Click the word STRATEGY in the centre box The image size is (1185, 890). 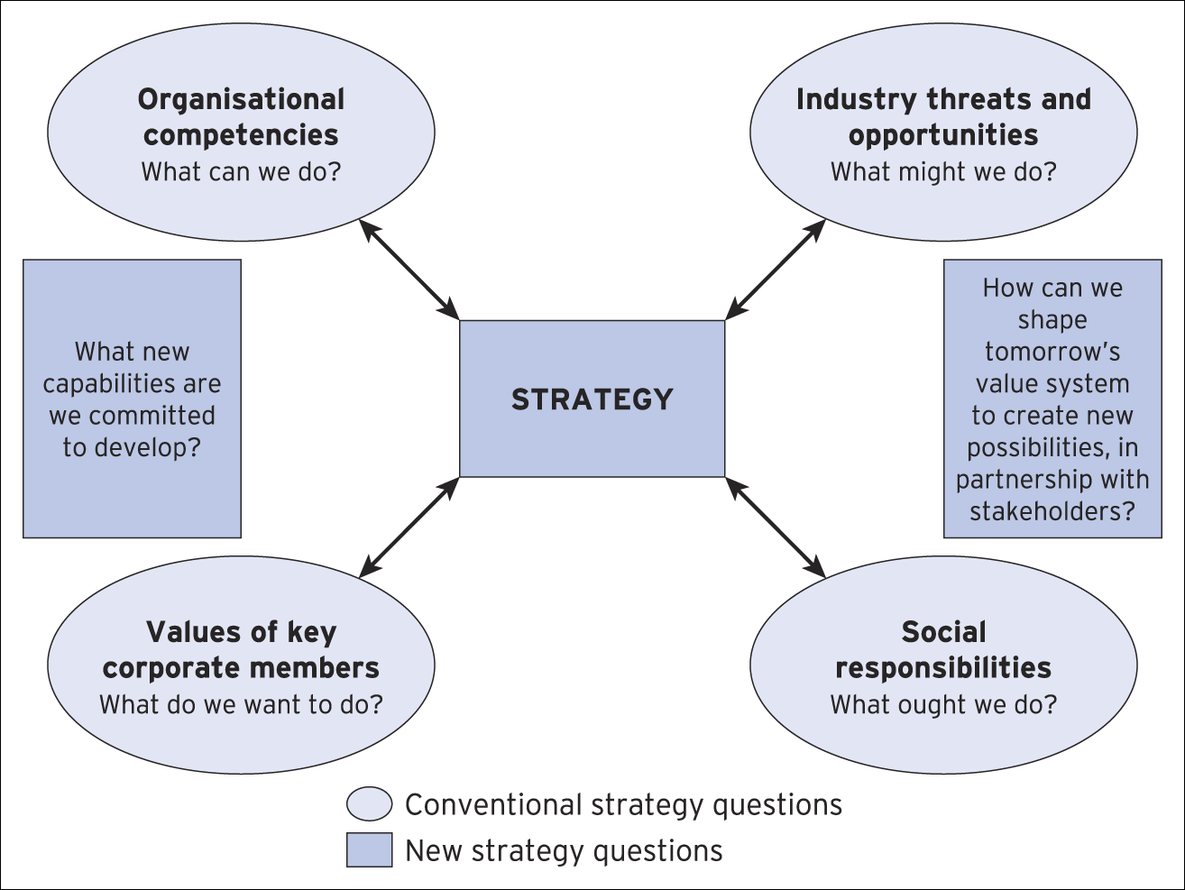coord(592,399)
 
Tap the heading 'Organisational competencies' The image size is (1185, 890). coord(241,117)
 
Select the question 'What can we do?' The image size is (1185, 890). coord(241,171)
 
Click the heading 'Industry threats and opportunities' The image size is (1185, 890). coord(943,117)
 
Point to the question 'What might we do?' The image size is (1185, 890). coord(943,171)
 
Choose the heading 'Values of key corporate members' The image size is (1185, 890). coord(241,649)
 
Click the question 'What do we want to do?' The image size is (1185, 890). coord(241,704)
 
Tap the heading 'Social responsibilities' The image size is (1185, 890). coord(943,649)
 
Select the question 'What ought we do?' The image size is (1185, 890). coord(943,704)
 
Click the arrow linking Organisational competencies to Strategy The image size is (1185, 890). coord(409,269)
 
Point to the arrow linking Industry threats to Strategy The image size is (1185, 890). coord(776,269)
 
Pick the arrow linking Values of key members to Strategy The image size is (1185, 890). coord(409,528)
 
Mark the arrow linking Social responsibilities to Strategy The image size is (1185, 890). coord(776,528)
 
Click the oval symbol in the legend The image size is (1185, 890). coord(370,804)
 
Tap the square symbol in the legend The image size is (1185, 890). coord(370,849)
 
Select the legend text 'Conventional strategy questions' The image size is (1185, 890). coord(623,804)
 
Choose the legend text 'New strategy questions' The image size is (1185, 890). coord(564,850)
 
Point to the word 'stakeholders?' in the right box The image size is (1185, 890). coord(1052,511)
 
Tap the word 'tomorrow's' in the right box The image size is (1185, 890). coord(1052,352)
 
